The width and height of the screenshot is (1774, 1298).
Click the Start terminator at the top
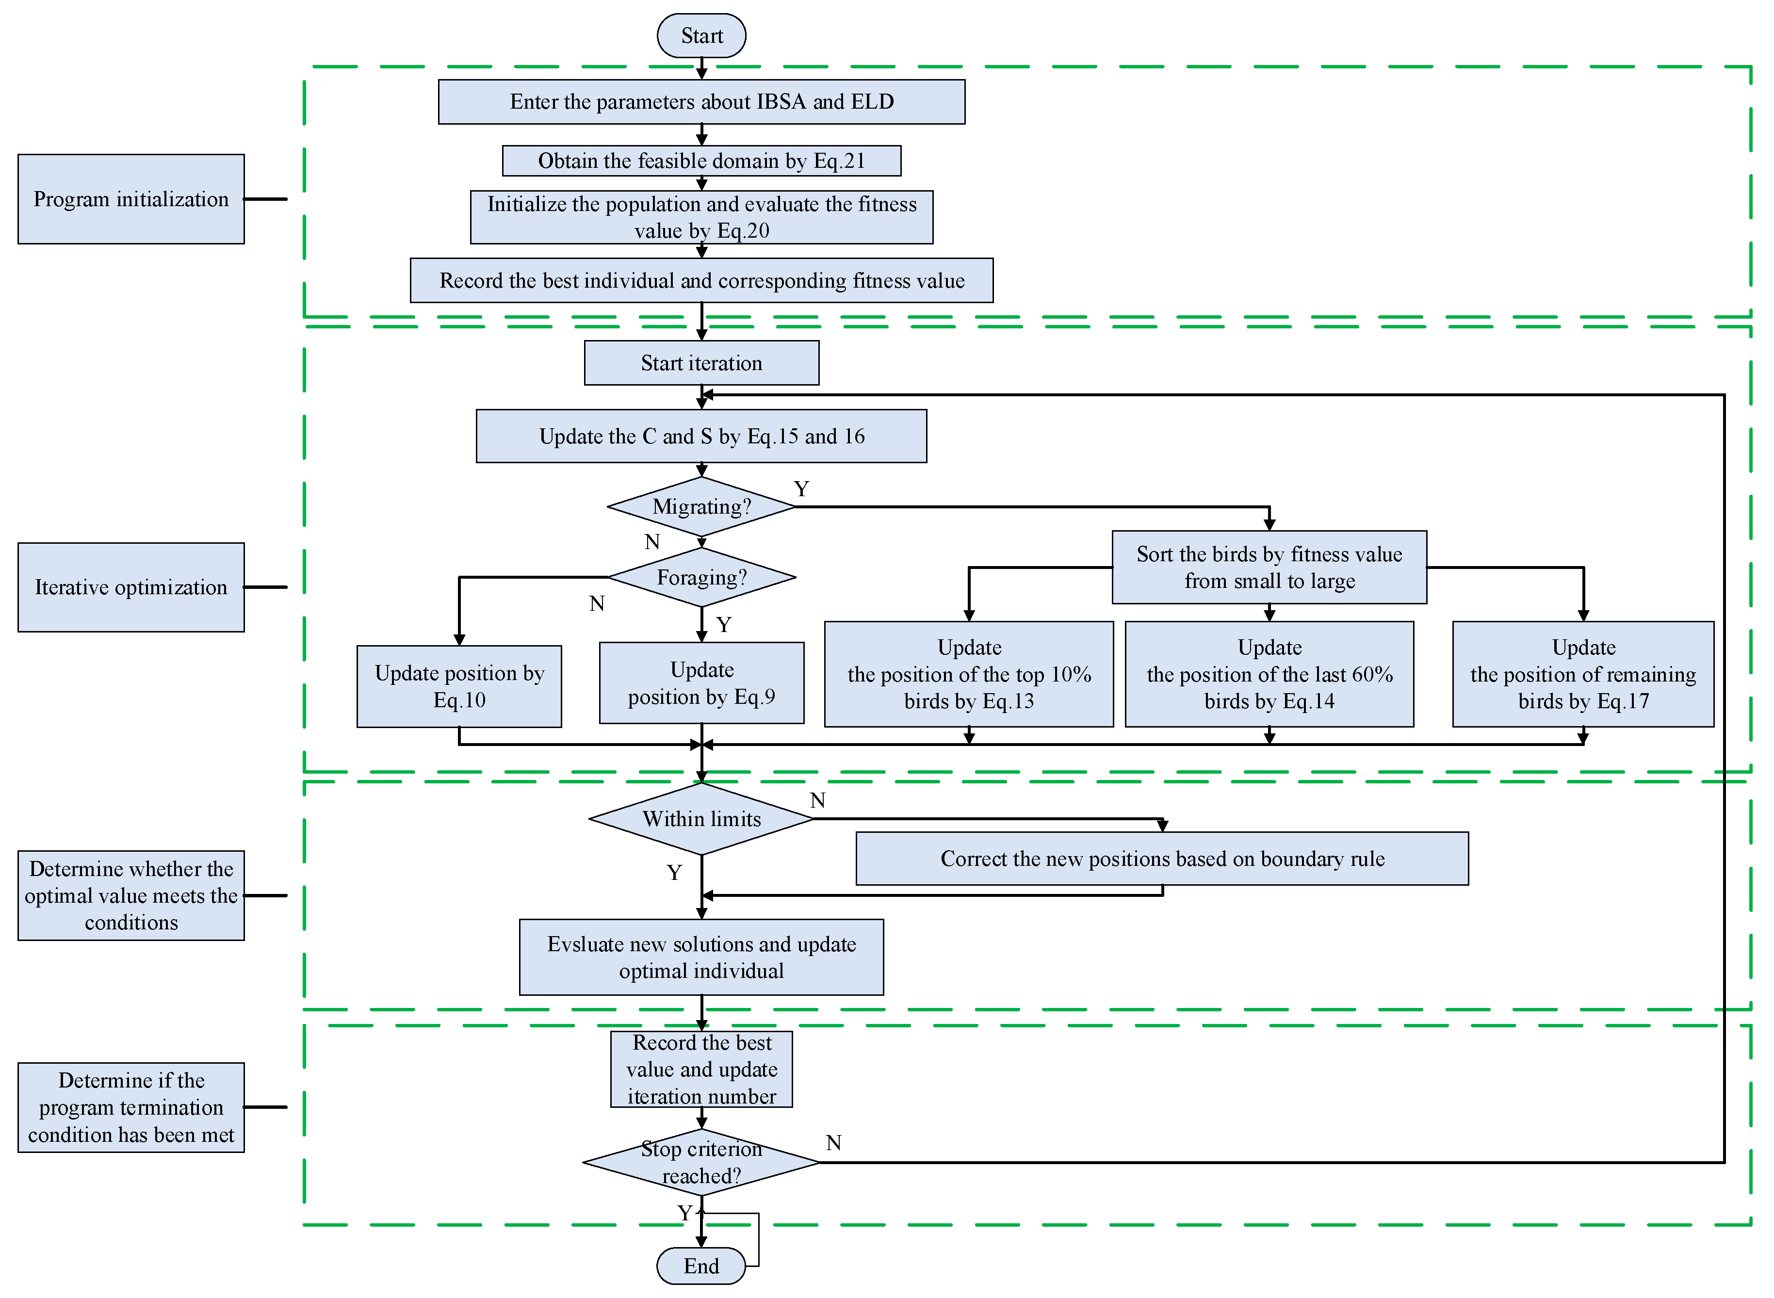tap(701, 35)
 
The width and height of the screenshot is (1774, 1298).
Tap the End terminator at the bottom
tap(701, 1266)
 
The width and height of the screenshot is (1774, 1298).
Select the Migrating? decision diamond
tap(701, 507)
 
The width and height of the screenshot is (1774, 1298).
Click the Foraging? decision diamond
tap(701, 578)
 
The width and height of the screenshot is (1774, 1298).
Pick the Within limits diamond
tap(701, 819)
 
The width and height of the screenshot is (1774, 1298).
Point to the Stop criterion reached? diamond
tap(701, 1162)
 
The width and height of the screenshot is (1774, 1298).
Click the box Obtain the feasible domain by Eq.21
tap(701, 161)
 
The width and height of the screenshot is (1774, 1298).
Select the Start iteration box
tap(701, 363)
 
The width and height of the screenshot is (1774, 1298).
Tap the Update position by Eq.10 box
tap(459, 686)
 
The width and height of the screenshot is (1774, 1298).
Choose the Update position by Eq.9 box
tap(701, 683)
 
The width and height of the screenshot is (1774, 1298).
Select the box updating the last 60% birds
tap(1269, 674)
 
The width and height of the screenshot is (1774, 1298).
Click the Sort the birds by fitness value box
tap(1269, 568)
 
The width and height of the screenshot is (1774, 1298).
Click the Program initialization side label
tap(131, 199)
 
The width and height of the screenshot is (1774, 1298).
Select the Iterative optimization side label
tap(131, 587)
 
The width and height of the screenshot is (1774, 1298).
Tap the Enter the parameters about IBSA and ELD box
tap(701, 101)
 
